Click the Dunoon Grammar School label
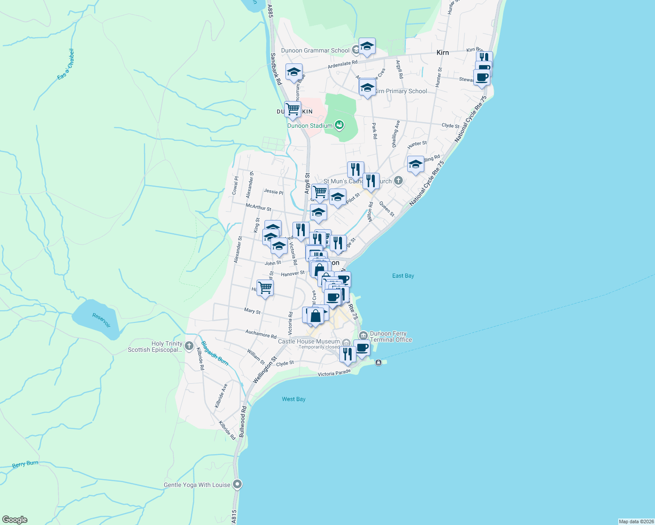click(315, 50)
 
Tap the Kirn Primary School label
click(401, 91)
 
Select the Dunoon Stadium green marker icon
click(339, 126)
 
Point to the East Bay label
click(403, 276)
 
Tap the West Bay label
click(293, 399)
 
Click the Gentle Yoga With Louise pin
click(238, 484)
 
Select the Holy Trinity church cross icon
click(189, 346)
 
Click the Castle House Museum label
click(309, 341)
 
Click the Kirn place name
click(443, 52)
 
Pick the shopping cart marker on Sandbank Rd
click(292, 109)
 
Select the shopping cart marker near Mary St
click(265, 288)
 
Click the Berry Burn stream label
click(25, 464)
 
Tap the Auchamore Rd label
click(261, 334)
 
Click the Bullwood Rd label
click(243, 422)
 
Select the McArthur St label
click(258, 206)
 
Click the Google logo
click(15, 520)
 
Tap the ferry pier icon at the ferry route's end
click(379, 362)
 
